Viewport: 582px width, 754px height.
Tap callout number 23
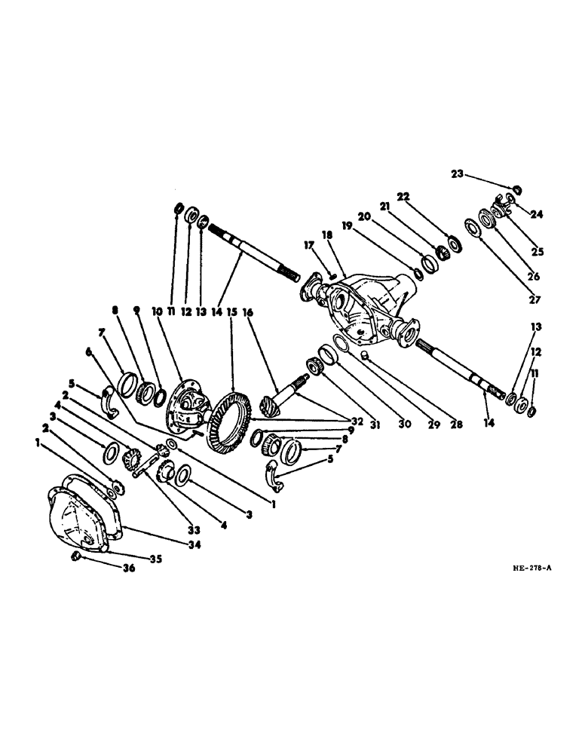click(457, 174)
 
